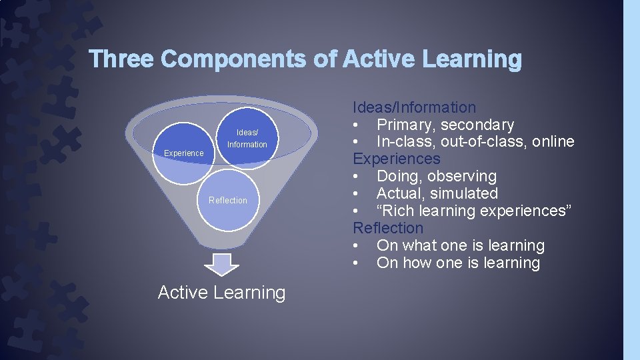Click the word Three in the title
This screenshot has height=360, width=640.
point(122,59)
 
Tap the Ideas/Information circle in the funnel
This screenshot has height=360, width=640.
point(247,139)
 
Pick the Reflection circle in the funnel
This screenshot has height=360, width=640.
point(228,200)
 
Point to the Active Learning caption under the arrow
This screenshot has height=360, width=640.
point(221,293)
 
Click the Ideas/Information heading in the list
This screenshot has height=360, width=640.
point(414,107)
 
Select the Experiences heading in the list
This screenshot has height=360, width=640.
point(396,159)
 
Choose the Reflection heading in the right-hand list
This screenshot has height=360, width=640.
point(388,228)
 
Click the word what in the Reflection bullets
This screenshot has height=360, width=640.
point(419,245)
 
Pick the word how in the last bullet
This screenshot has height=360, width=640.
point(417,263)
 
